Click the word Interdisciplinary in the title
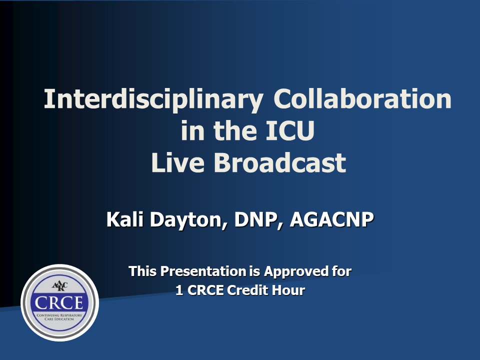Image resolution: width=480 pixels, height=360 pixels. click(153, 100)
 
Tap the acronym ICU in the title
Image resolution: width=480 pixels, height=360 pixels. click(290, 130)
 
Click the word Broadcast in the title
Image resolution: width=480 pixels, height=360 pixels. click(280, 162)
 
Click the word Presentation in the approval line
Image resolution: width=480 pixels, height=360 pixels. click(203, 271)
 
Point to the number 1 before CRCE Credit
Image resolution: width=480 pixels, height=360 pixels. click(179, 290)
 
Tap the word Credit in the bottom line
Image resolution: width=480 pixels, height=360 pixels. click(247, 290)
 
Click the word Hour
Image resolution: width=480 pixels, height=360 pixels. click(288, 290)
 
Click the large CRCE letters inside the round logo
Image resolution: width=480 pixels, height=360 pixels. click(59, 303)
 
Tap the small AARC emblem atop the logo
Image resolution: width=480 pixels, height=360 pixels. click(59, 286)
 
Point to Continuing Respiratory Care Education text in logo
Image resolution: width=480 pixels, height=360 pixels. click(59, 317)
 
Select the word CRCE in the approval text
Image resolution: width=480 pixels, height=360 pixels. click(205, 290)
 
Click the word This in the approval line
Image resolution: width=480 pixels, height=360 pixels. click(143, 271)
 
